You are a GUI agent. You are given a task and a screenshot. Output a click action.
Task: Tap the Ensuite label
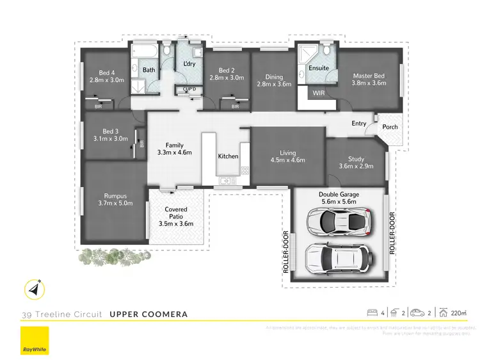318,68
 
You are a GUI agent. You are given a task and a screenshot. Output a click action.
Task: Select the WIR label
319,94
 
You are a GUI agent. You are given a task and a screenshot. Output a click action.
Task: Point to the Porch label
390,127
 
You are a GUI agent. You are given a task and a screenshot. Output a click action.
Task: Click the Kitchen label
228,156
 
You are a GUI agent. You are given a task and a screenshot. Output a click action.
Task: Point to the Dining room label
274,81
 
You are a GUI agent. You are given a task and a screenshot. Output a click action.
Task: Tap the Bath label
149,70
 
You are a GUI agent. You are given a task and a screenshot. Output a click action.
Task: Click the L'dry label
189,64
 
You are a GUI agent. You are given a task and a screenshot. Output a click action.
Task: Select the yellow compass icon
34,289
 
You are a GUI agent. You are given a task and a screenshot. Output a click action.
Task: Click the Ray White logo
34,340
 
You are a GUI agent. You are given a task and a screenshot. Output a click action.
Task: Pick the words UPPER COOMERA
148,315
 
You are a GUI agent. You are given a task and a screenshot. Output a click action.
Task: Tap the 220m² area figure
459,313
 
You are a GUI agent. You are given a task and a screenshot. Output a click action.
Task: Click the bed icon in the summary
372,313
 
